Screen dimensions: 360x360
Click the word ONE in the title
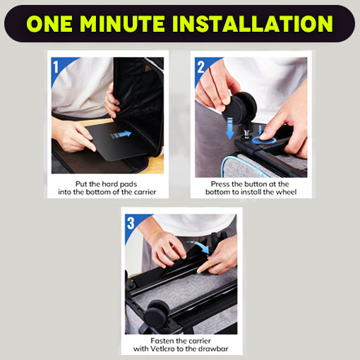tap(49, 23)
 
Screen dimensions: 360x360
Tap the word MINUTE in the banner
tap(122, 23)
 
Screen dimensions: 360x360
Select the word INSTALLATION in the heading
tap(253, 23)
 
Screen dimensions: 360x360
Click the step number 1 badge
tap(56, 67)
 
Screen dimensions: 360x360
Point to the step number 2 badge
tap(201, 67)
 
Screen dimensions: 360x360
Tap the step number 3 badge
tap(131, 223)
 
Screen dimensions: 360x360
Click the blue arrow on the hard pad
tap(121, 135)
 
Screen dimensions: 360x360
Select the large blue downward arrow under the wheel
tap(229, 128)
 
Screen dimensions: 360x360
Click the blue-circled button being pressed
tap(264, 140)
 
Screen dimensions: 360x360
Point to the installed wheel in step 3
tap(157, 313)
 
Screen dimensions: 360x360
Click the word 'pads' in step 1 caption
tap(128, 184)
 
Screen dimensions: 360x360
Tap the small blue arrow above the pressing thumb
tap(260, 130)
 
